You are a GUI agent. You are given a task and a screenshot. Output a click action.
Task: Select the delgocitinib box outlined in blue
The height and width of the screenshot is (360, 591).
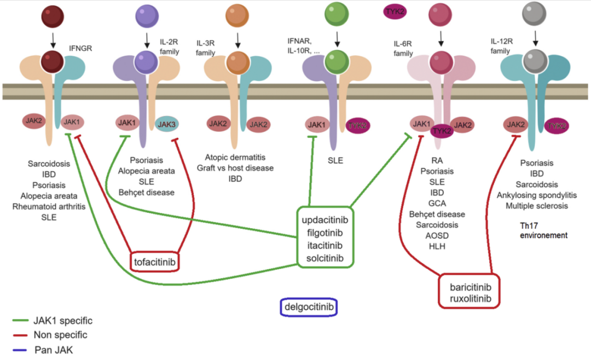tap(309, 307)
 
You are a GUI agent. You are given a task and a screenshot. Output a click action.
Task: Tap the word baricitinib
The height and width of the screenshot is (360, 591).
tap(471, 287)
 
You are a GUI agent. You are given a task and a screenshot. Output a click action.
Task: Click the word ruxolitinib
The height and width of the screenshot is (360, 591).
tap(471, 299)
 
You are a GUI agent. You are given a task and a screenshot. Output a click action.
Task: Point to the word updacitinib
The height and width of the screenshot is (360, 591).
tap(325, 220)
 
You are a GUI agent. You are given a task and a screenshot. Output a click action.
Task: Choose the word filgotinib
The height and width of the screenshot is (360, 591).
tap(325, 233)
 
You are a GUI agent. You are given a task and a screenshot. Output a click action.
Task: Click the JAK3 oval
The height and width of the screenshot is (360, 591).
tap(166, 125)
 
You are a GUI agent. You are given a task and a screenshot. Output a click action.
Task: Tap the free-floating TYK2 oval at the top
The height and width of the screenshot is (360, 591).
tap(395, 11)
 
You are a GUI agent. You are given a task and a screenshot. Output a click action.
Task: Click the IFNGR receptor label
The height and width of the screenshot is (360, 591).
tap(80, 48)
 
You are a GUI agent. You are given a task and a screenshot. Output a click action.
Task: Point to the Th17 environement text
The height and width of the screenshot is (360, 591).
tap(543, 230)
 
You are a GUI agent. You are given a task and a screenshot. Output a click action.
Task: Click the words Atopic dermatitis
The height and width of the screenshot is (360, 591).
tap(235, 157)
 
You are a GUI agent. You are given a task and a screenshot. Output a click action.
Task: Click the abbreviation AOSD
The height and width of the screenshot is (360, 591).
tap(436, 235)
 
